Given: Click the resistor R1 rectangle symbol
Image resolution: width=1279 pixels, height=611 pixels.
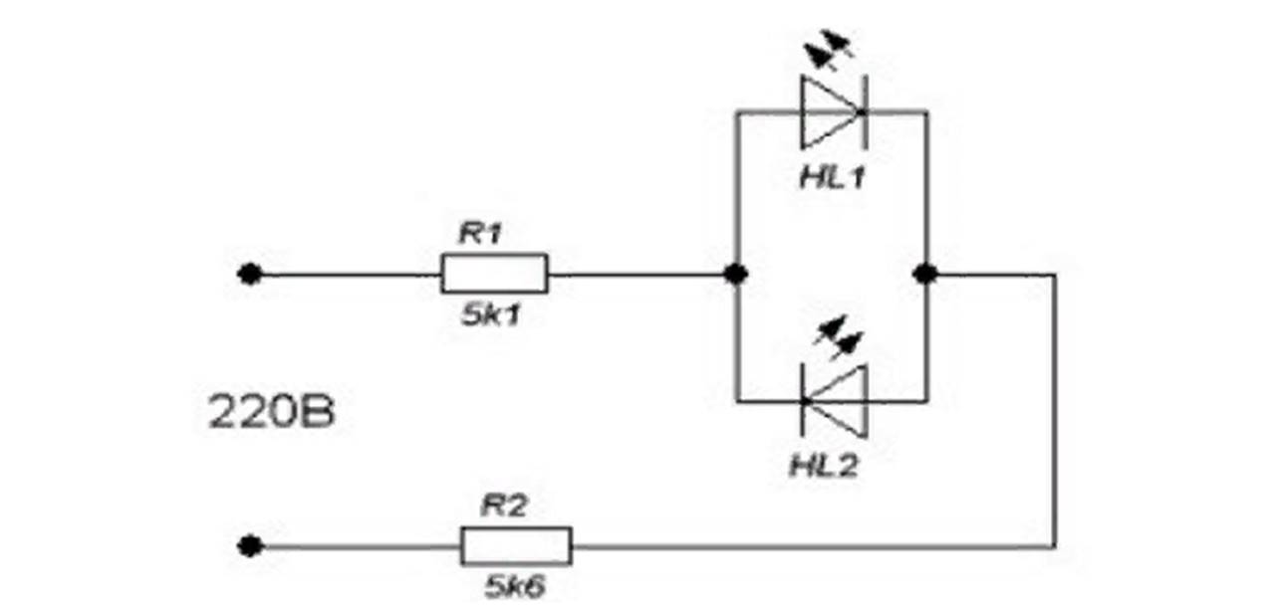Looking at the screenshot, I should tap(494, 274).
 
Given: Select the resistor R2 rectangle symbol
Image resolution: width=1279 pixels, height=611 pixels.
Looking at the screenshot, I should tap(516, 545).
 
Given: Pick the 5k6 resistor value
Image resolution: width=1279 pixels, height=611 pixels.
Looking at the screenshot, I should tap(515, 586).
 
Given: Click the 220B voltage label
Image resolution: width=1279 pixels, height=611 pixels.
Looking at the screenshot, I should tap(271, 414).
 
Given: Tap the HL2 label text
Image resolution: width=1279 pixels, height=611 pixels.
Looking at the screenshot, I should tap(824, 466).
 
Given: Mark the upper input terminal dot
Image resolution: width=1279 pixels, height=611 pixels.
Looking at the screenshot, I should tap(250, 274).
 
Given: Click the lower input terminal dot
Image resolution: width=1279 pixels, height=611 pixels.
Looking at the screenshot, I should tap(250, 545).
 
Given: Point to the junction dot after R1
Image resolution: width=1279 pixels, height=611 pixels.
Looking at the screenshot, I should tap(736, 274).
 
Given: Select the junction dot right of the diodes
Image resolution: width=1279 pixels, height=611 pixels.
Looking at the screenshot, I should tap(925, 274).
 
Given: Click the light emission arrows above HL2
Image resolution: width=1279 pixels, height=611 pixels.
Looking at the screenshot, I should tap(836, 337).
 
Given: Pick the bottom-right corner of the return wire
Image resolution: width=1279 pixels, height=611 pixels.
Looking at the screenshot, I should tap(1053, 545).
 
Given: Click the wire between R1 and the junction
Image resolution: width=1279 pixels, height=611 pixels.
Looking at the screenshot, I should tap(641, 274).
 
